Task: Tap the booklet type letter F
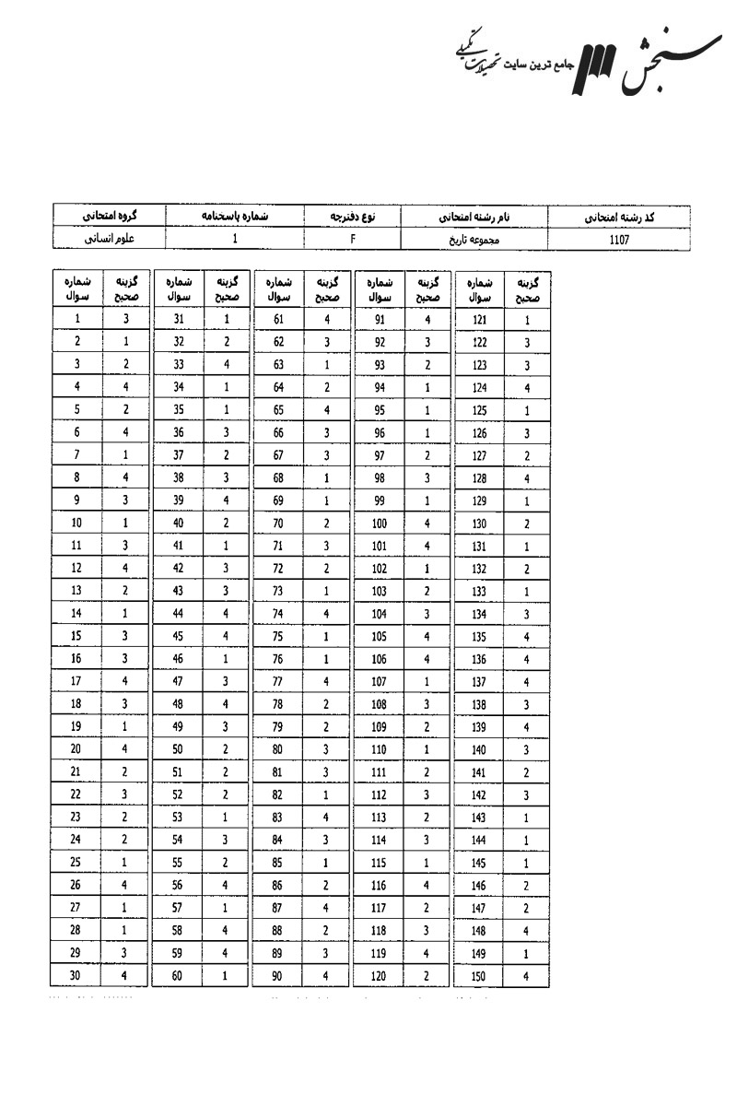[x=353, y=240]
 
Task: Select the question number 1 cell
[x=76, y=320]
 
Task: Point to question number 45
[x=178, y=636]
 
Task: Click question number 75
[x=278, y=636]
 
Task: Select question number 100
[x=379, y=524]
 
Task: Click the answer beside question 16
[x=125, y=659]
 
